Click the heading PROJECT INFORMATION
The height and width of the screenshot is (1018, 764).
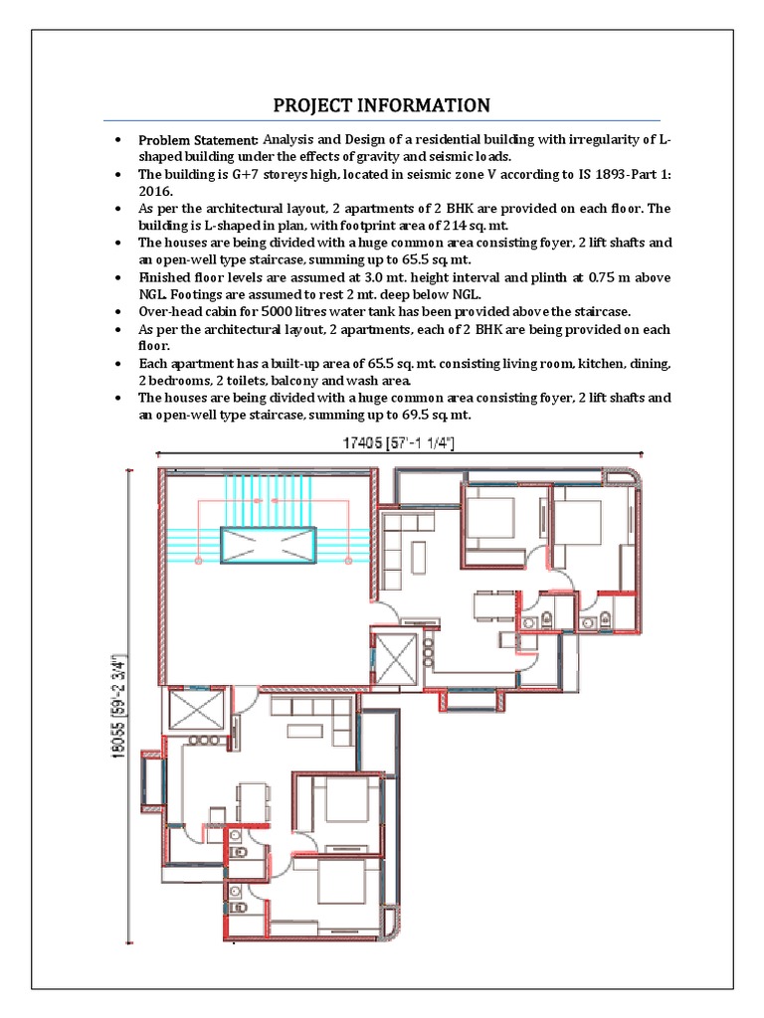click(x=382, y=105)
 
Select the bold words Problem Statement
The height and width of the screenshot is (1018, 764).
click(x=198, y=139)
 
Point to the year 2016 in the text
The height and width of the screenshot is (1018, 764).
click(x=154, y=191)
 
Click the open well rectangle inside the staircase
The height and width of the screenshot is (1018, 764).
click(x=269, y=546)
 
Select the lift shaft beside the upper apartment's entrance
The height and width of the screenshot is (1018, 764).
click(x=393, y=656)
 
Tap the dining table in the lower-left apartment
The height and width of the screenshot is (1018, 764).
click(x=253, y=801)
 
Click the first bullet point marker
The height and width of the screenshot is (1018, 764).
click(x=118, y=139)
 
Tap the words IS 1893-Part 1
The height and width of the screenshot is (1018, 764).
click(x=620, y=174)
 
